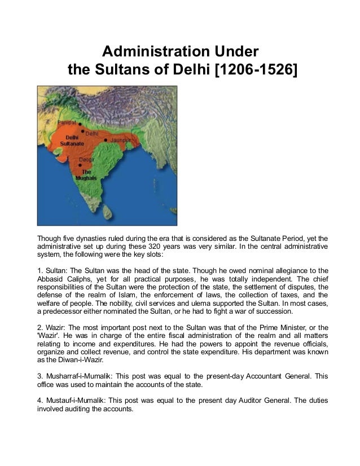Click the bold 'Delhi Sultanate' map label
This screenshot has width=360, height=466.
pyautogui.click(x=72, y=140)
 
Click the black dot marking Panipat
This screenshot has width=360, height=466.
pyautogui.click(x=80, y=122)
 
